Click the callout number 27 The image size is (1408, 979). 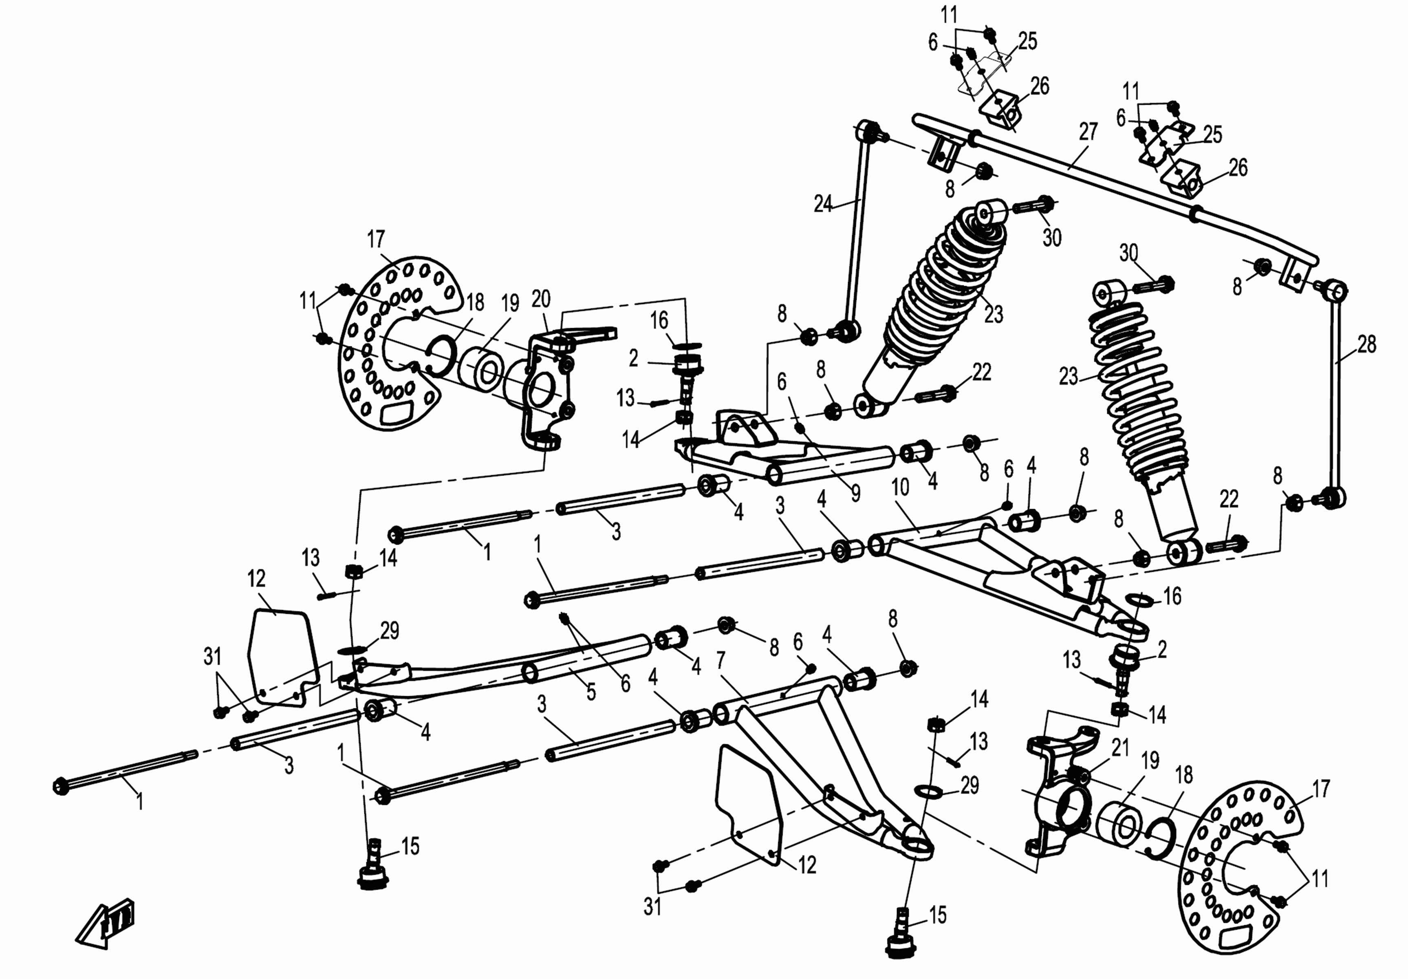[1087, 132]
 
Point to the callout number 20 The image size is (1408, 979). [540, 299]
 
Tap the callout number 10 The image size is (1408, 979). [900, 487]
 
